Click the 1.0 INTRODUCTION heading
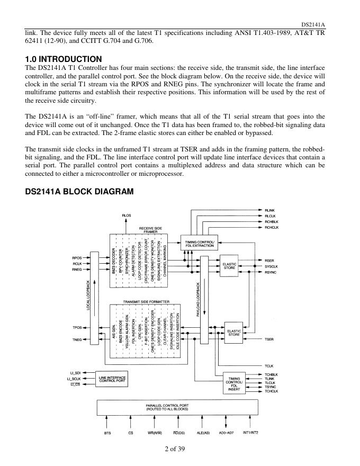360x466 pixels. [64, 59]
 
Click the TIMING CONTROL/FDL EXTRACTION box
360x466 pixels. [200, 243]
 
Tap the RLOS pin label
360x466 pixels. [126, 215]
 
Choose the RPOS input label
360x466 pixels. [77, 258]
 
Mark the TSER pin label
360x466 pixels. [269, 339]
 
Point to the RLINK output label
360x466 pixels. [270, 210]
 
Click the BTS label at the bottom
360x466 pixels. [107, 433]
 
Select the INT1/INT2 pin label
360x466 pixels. [250, 433]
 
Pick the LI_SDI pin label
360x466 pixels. [74, 373]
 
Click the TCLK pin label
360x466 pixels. [269, 365]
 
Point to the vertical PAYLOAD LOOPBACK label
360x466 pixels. [198, 299]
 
